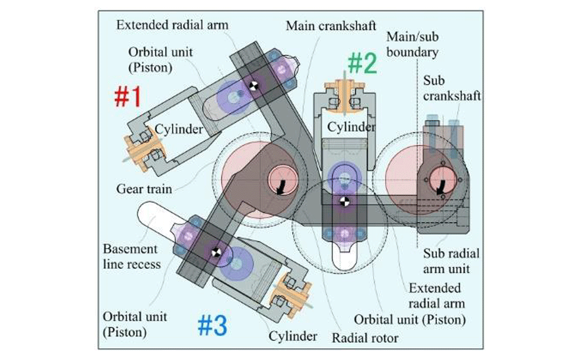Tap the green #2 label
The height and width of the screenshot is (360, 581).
point(363,63)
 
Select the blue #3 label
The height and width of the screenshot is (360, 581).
point(211,326)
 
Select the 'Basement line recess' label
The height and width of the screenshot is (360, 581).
point(130,256)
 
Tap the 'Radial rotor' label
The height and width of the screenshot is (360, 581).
point(365,337)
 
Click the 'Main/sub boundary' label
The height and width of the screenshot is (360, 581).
point(412,45)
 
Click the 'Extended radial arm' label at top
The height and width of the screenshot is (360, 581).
point(173,25)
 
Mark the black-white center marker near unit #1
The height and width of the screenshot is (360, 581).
point(253,87)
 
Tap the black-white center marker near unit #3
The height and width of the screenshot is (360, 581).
point(216,252)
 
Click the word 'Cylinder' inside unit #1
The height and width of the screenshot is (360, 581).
point(178,129)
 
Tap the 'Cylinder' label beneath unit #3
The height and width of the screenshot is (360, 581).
point(293,336)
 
